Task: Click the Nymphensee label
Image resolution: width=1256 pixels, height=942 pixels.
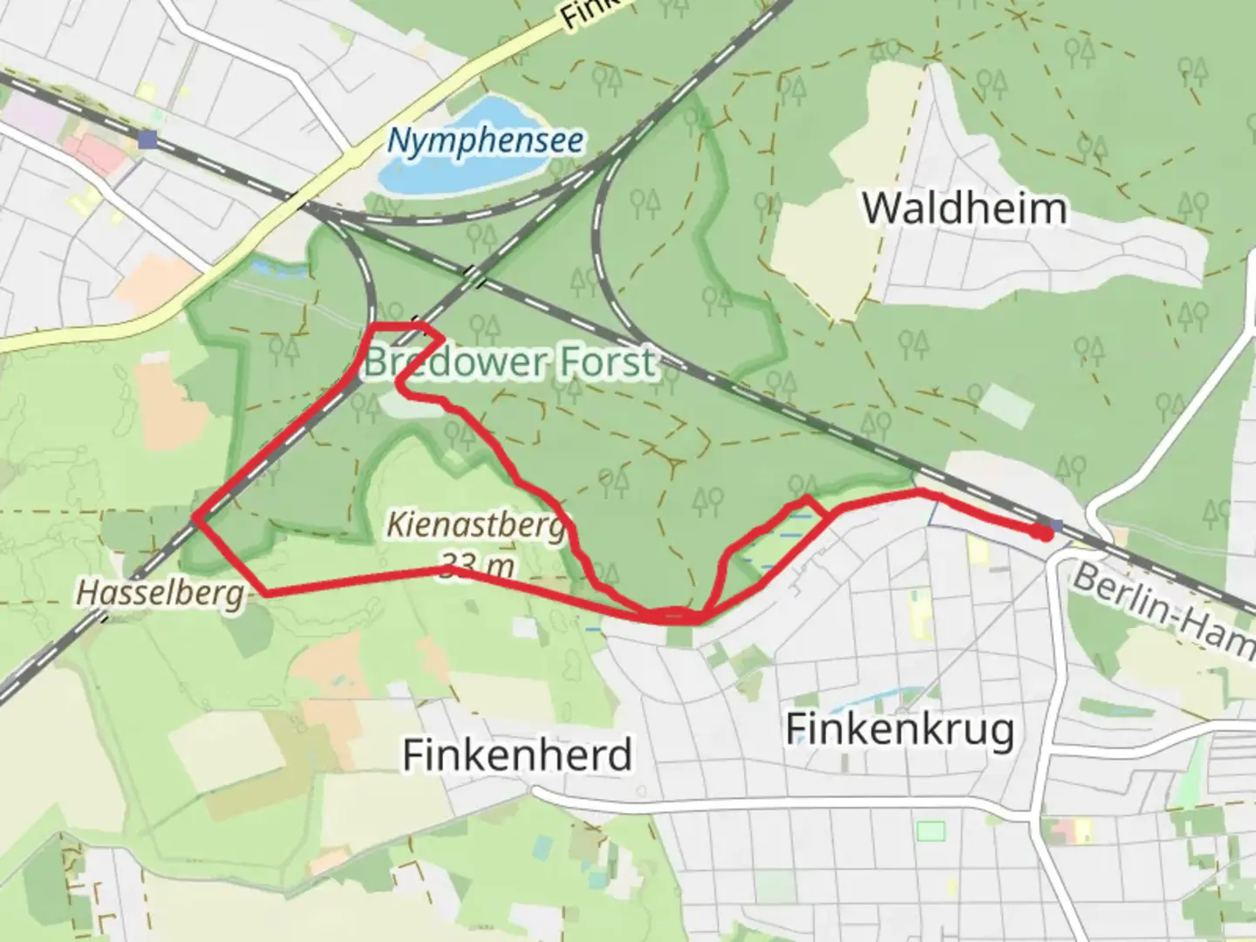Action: coord(486,140)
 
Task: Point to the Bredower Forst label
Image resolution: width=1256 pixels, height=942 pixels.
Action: coord(509,361)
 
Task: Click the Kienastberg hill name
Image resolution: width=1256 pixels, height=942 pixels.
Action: coord(476,526)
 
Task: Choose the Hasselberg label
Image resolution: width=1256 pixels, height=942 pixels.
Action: coord(160,594)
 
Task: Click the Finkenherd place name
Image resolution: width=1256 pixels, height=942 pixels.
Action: coord(517,754)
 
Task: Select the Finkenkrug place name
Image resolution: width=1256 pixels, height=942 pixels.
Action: coord(900,728)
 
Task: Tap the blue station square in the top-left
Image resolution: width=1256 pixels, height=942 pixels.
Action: coord(147,140)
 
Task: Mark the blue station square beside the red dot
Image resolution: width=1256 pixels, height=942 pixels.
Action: coord(1057,526)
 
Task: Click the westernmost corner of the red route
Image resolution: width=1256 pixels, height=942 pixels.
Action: coord(196,520)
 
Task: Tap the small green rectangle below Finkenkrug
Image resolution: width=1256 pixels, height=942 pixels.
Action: coord(931,829)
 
